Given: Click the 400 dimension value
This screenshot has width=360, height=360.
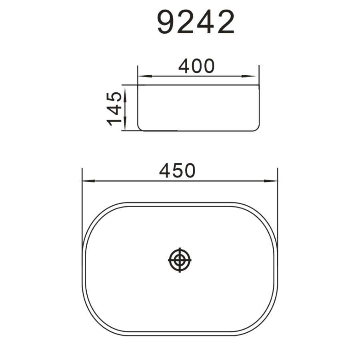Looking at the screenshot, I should tap(196, 66).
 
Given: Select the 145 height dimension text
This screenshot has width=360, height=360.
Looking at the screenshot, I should tap(114, 108).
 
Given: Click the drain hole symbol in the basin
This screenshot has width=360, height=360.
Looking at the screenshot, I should tap(180, 260).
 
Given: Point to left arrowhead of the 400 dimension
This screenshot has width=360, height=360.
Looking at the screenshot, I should tap(141, 76).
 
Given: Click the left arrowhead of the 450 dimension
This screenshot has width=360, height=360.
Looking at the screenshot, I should tap(86, 181).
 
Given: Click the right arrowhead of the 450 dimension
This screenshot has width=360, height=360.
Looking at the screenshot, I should tap(274, 181).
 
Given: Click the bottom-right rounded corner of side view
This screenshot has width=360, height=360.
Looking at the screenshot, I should tap(257, 128).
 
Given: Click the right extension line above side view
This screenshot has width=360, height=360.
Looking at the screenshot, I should tap(259, 74).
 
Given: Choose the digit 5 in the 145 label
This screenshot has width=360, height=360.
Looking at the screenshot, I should tap(114, 97).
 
